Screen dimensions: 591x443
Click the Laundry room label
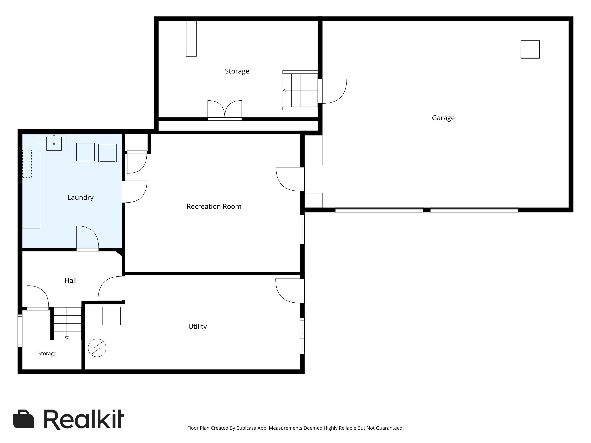click(80, 198)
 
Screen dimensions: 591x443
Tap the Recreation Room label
click(214, 206)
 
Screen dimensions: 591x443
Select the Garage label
click(443, 118)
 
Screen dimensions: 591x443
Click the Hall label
click(71, 280)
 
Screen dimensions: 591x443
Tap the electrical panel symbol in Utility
click(97, 348)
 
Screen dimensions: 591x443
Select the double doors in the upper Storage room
click(225, 110)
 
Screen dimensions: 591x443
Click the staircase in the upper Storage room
click(300, 90)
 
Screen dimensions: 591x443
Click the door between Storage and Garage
click(332, 91)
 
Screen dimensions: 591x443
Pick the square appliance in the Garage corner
click(530, 49)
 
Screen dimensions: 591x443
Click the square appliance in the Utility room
click(112, 316)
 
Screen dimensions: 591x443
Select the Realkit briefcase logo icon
click(23, 419)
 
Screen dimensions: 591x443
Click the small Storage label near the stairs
click(47, 354)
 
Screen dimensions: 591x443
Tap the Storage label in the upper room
click(237, 71)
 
